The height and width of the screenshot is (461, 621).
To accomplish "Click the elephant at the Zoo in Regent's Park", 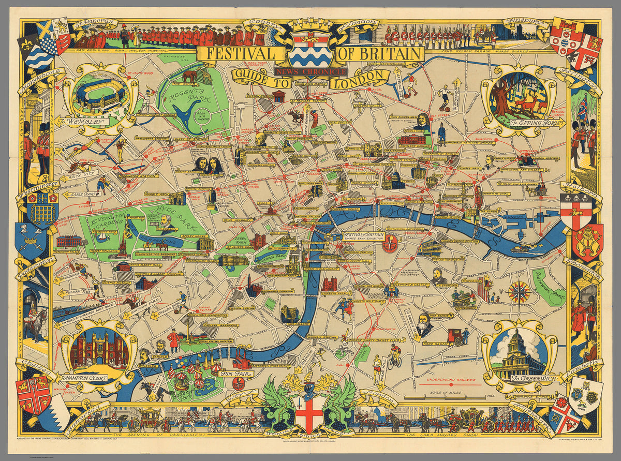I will pos(189,76).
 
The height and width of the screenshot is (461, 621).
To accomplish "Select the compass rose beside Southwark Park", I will pos(519,292).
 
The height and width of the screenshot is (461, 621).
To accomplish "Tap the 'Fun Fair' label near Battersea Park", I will pos(228,372).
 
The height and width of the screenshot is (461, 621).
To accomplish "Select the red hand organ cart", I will pos(456,336).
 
